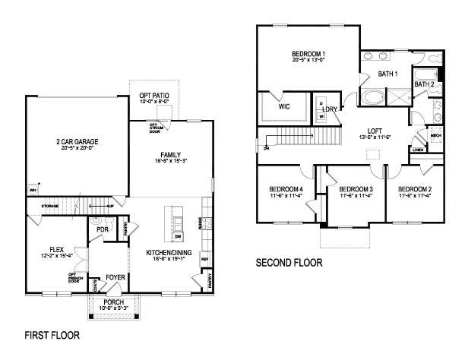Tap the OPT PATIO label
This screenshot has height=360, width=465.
tap(154, 93)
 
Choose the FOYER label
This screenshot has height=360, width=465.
tap(115, 277)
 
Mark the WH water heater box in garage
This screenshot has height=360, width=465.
tap(33, 190)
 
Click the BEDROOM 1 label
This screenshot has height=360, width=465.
tap(308, 54)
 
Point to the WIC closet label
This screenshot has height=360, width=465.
tap(284, 107)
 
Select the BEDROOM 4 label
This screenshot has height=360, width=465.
tap(286, 188)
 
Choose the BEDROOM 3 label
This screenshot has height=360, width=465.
tap(355, 188)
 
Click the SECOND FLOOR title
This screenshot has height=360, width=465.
tap(289, 263)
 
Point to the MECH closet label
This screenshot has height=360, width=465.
tap(435, 136)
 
